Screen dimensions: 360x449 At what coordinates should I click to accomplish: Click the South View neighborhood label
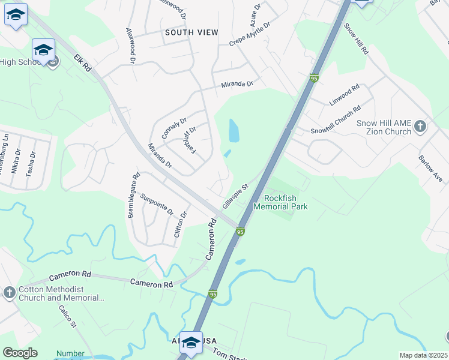tap(191, 32)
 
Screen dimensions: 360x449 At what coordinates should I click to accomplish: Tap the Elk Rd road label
tap(82, 64)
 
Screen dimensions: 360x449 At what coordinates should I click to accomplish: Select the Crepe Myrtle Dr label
tap(250, 35)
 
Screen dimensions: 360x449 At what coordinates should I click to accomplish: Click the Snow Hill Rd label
tap(356, 38)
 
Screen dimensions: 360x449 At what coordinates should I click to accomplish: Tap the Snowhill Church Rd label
tap(336, 120)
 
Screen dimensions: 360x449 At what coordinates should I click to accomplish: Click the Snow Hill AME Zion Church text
tap(384, 127)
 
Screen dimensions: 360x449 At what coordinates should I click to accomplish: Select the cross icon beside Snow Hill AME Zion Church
tap(420, 126)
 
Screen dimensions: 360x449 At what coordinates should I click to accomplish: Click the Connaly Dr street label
tap(175, 128)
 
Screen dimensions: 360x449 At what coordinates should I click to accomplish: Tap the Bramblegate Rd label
tap(133, 196)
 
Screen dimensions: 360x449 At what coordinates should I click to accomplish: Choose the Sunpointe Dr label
tap(157, 205)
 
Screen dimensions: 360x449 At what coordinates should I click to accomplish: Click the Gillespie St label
tap(235, 196)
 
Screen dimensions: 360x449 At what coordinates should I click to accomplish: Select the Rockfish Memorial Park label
tap(286, 202)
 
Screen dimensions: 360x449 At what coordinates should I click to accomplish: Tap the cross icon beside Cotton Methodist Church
tap(9, 292)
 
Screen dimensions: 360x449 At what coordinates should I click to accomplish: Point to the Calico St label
tap(67, 317)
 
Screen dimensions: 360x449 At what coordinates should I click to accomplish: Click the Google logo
tap(20, 352)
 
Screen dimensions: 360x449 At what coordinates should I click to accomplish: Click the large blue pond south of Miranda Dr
tap(234, 130)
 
